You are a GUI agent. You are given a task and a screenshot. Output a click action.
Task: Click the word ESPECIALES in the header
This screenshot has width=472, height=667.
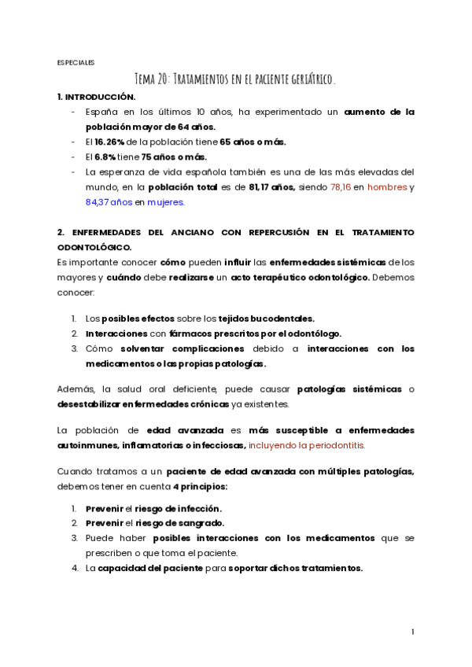click(76, 62)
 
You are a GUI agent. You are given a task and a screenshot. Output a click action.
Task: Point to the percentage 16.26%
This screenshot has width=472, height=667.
click(109, 142)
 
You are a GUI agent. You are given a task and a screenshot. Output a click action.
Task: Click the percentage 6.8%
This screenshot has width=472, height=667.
click(106, 157)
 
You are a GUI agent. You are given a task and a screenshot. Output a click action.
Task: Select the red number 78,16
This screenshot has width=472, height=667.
click(341, 186)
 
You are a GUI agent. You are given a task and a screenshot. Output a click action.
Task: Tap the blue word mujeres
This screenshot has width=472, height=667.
click(166, 201)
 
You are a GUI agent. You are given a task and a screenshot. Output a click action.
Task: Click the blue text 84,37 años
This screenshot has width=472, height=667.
click(109, 201)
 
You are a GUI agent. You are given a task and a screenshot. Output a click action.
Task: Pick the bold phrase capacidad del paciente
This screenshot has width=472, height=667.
click(149, 568)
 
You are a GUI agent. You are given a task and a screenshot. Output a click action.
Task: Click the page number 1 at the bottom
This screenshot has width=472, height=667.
click(412, 632)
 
